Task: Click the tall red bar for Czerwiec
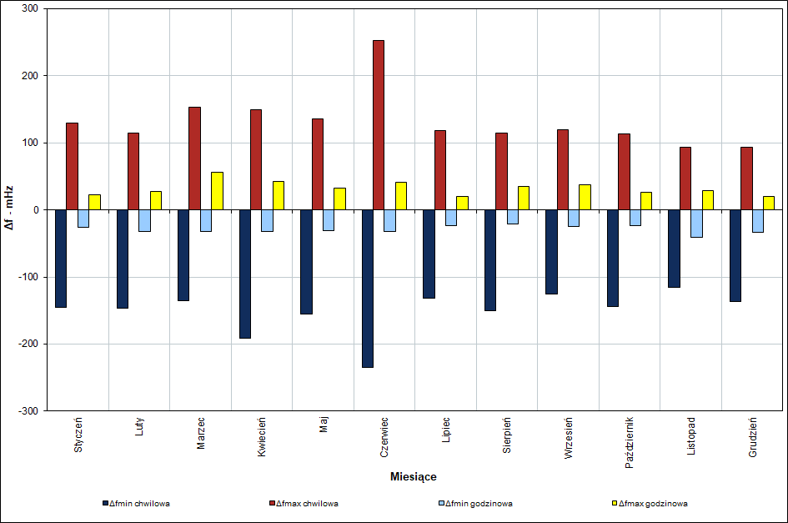tap(379, 125)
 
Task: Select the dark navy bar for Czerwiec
tap(368, 288)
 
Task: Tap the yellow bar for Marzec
tap(217, 191)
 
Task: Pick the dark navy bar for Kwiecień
tap(245, 274)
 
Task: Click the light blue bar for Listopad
tap(696, 224)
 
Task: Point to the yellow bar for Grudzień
tap(769, 203)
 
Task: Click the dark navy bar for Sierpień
tap(490, 259)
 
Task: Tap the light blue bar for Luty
tap(144, 220)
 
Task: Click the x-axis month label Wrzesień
tap(569, 438)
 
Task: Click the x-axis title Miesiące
tap(413, 477)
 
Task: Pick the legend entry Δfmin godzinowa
tap(479, 504)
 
